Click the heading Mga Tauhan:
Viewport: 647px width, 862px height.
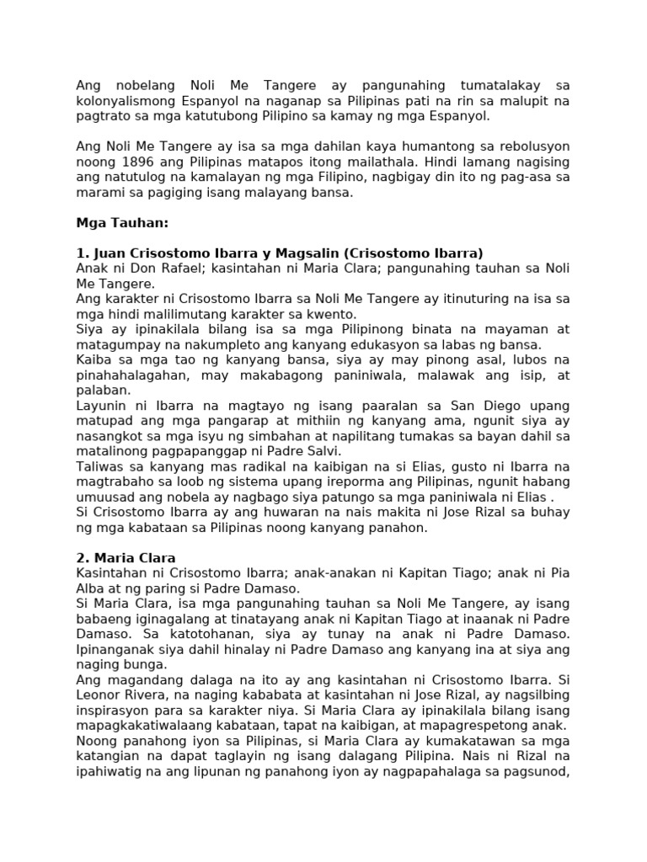(122, 223)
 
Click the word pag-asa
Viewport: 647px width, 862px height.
(523, 177)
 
